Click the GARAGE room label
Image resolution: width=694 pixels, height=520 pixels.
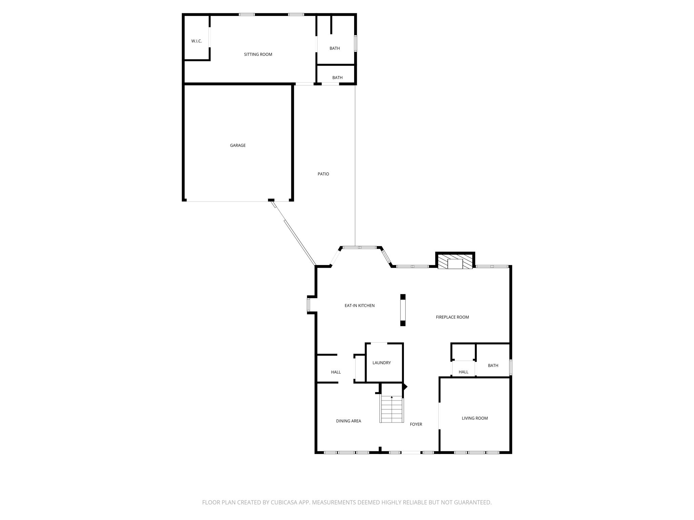point(238,145)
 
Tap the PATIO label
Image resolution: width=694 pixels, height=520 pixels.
point(323,174)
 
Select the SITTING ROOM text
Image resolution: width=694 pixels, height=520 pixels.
point(258,55)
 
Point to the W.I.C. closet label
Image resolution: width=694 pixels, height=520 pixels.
point(196,41)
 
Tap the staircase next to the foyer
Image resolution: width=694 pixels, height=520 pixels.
point(392,410)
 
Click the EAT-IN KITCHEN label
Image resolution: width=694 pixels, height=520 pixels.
point(360,306)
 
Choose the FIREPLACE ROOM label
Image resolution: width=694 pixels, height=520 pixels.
point(452,317)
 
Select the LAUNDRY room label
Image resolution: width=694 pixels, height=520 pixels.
point(382,363)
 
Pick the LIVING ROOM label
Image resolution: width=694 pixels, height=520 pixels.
point(474,418)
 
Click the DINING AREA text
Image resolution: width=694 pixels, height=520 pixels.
point(348,421)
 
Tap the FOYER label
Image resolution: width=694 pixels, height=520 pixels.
point(416,425)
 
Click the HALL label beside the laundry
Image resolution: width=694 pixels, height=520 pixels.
point(336,372)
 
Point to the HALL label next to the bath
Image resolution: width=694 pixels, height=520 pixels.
point(463,372)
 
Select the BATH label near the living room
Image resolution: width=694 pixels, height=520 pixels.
point(493,366)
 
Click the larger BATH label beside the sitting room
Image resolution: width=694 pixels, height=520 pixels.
point(334,48)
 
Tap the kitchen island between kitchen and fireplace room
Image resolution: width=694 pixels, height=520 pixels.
point(403,310)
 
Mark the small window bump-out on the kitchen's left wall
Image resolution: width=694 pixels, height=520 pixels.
point(309,304)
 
